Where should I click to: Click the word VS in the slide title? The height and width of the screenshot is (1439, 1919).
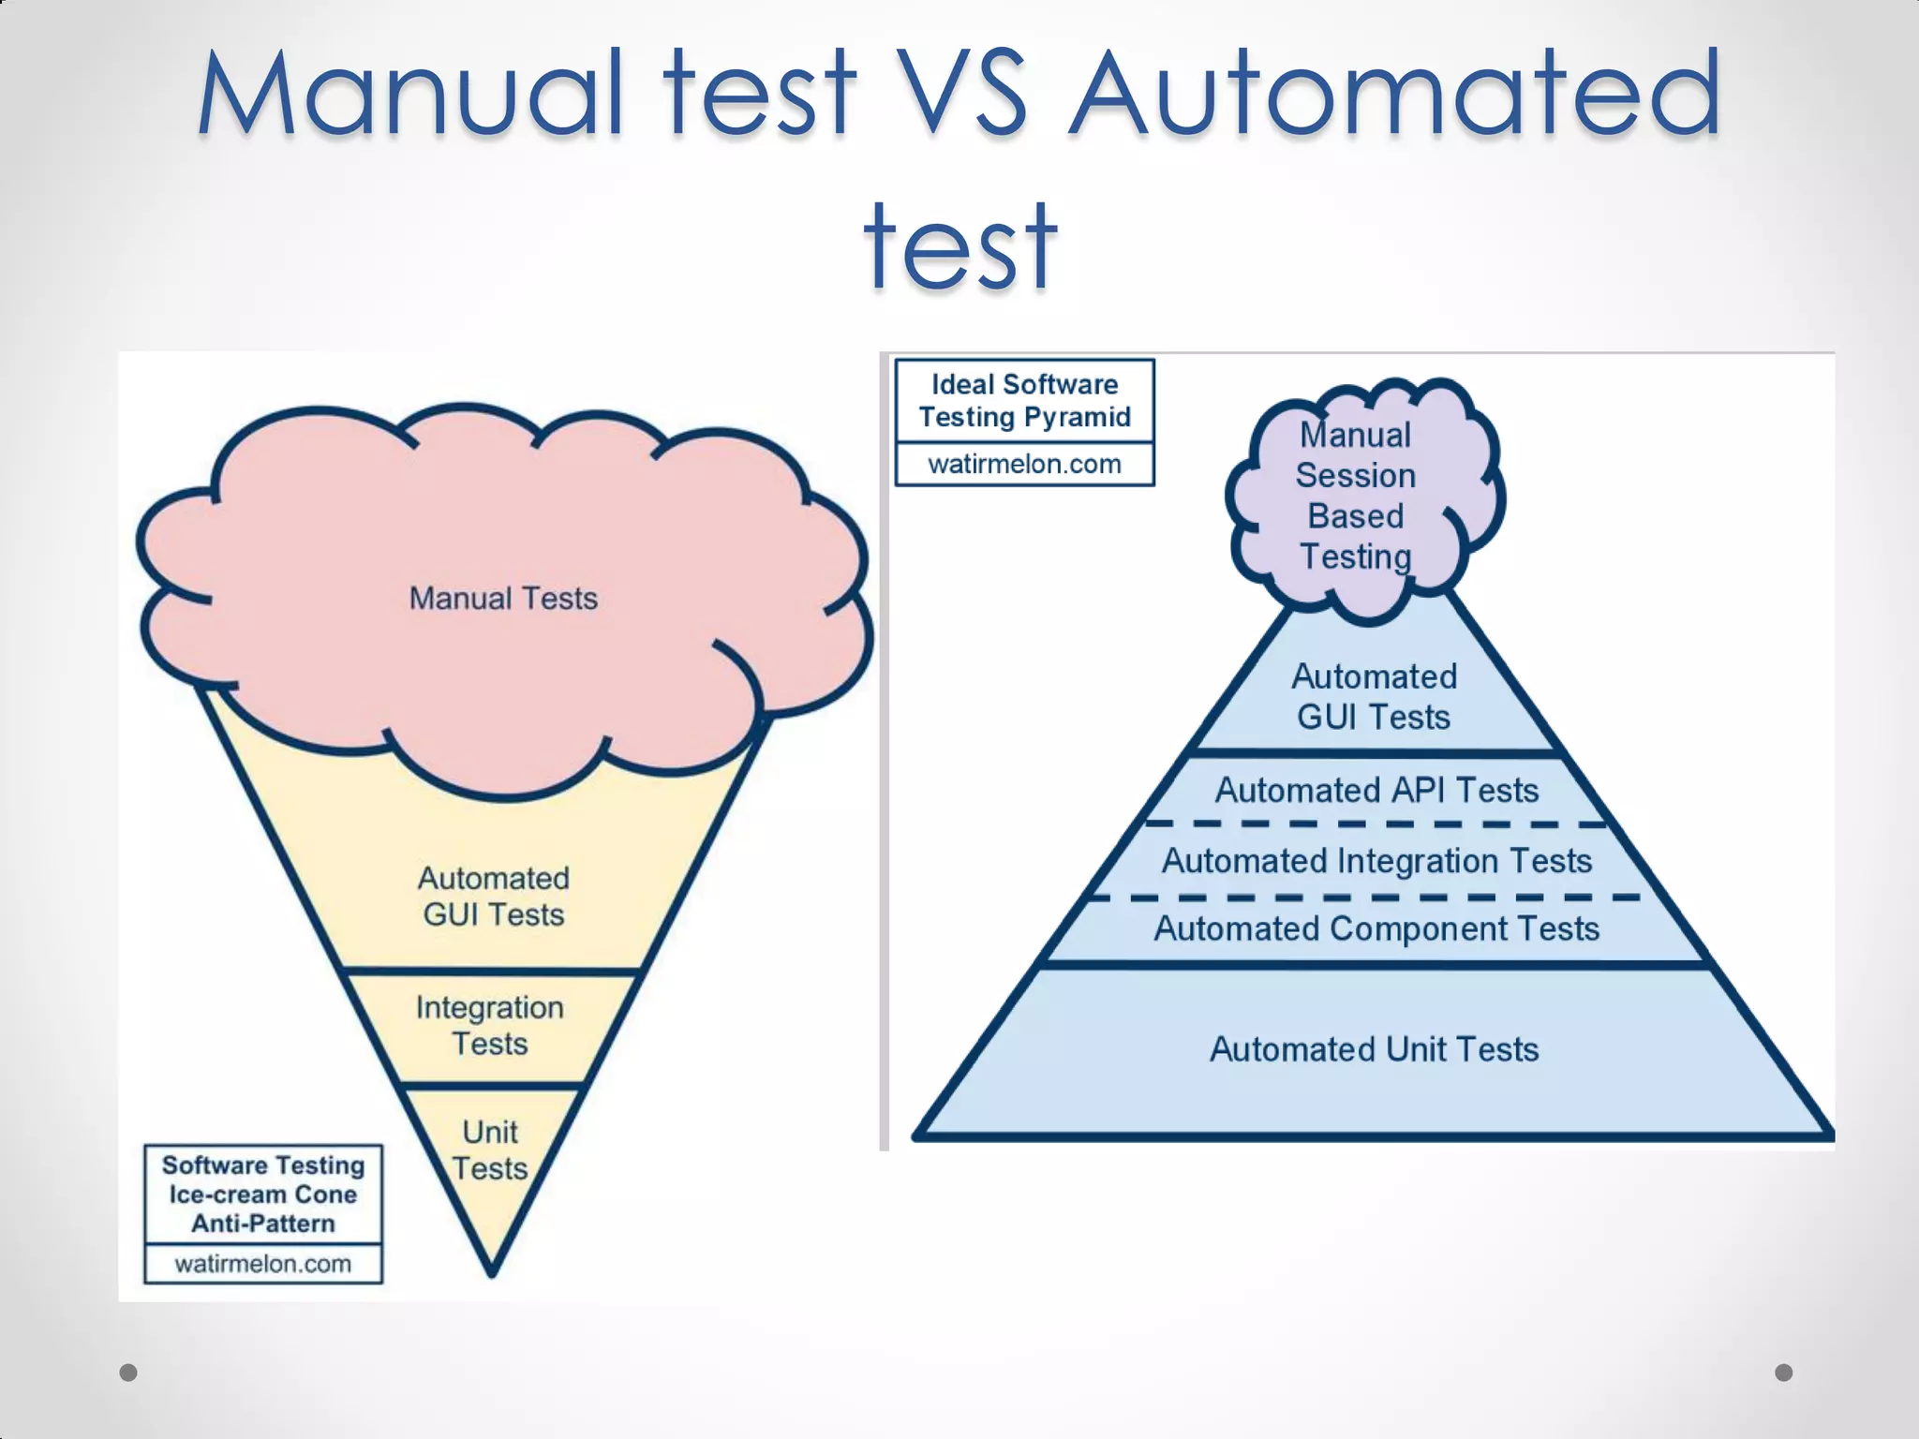click(960, 94)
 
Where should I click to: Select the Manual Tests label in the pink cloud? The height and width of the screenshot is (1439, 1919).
click(503, 599)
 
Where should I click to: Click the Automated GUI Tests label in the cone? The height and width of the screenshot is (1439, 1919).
click(494, 897)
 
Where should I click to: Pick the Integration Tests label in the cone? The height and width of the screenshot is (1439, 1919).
click(490, 1026)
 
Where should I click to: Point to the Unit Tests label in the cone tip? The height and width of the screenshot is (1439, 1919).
click(490, 1150)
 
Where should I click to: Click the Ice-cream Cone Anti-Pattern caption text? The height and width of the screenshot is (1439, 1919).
click(263, 1194)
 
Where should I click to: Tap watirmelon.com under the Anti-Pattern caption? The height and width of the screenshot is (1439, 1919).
click(263, 1264)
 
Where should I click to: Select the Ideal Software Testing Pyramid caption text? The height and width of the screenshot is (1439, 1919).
click(1025, 401)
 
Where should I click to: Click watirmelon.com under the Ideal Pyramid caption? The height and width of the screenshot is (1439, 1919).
click(1025, 464)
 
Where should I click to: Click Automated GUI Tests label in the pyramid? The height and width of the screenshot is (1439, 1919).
click(1374, 697)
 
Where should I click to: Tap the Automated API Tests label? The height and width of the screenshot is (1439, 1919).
click(1376, 791)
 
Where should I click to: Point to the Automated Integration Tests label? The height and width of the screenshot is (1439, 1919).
click(1376, 861)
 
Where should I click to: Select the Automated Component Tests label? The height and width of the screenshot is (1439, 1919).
click(1376, 929)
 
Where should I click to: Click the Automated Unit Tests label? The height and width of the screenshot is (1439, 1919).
click(1374, 1049)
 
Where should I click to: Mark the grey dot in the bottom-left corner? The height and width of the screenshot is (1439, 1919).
click(128, 1372)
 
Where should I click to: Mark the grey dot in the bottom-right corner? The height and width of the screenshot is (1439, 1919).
click(1784, 1372)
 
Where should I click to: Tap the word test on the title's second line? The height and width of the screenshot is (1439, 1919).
click(960, 245)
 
